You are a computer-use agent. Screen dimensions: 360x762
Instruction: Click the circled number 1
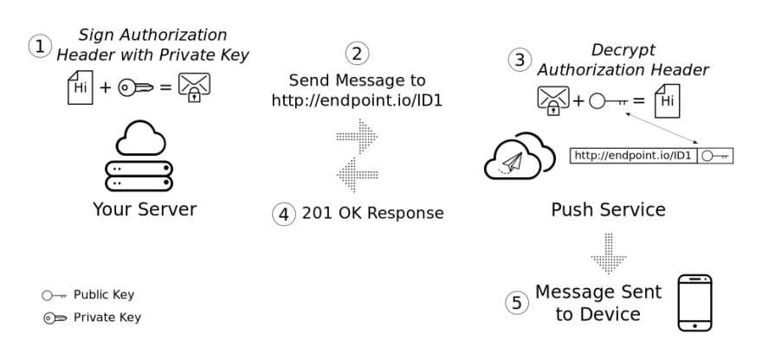41,46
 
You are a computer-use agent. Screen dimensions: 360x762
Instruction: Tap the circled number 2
356,53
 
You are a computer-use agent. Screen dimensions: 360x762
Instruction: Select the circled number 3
520,60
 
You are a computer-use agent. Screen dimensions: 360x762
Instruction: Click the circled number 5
518,302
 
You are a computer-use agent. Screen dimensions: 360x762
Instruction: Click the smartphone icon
694,302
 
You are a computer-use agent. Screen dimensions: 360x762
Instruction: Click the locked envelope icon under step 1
193,87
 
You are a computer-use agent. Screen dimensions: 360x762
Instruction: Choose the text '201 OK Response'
372,213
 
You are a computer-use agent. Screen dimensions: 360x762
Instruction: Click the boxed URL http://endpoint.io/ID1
633,156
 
